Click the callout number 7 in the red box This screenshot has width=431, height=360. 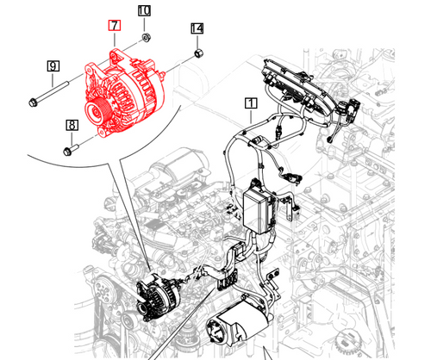(111, 27)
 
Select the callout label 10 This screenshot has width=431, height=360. (144, 11)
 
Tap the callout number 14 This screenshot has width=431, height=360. (197, 29)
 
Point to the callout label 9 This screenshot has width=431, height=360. (53, 65)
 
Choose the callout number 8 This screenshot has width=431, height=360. (72, 126)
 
